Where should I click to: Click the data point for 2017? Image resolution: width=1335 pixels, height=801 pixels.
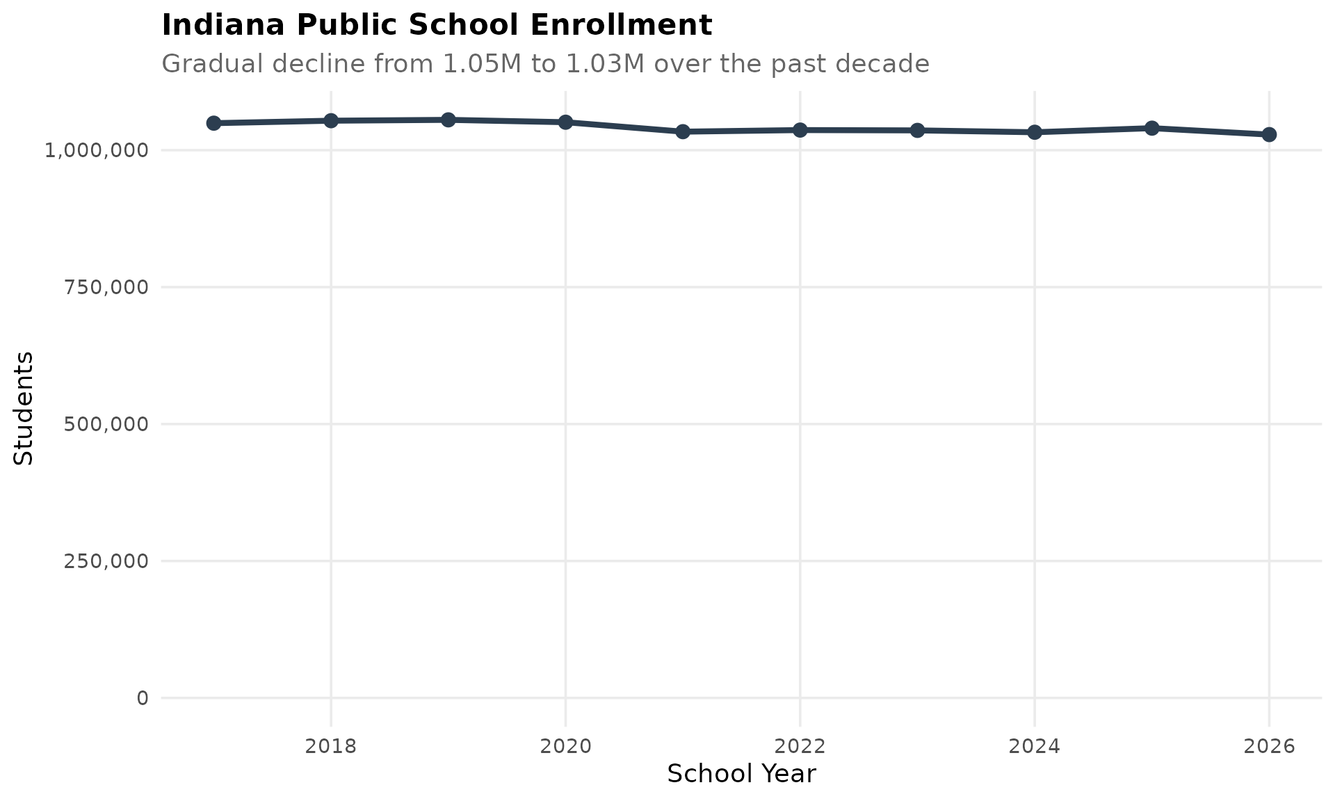(213, 123)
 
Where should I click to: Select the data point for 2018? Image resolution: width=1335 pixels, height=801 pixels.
(331, 120)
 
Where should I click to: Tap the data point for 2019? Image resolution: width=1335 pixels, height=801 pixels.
(448, 120)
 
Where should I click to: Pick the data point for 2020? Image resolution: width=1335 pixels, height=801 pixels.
(565, 122)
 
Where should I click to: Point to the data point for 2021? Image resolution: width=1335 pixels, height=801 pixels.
(683, 131)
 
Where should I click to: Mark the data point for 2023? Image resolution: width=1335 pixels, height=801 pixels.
(917, 130)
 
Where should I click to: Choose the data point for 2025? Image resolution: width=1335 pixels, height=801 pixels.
(1151, 128)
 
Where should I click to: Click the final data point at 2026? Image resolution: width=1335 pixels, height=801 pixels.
(1269, 134)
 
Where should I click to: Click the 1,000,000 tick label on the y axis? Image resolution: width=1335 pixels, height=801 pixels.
(97, 150)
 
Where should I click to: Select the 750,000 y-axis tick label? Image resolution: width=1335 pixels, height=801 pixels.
(106, 287)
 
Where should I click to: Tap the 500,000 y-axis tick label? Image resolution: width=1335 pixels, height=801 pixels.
(106, 424)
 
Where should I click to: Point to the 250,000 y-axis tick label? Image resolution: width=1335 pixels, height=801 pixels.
(106, 561)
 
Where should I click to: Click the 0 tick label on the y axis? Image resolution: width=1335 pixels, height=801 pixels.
(143, 698)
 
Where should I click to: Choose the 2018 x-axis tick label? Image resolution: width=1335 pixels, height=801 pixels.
(331, 747)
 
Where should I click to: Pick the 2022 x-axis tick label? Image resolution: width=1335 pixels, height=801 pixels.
(800, 747)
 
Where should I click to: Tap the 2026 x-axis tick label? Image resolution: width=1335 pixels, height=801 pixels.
(1269, 747)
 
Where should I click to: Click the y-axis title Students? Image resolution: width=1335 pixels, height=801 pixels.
(24, 408)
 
